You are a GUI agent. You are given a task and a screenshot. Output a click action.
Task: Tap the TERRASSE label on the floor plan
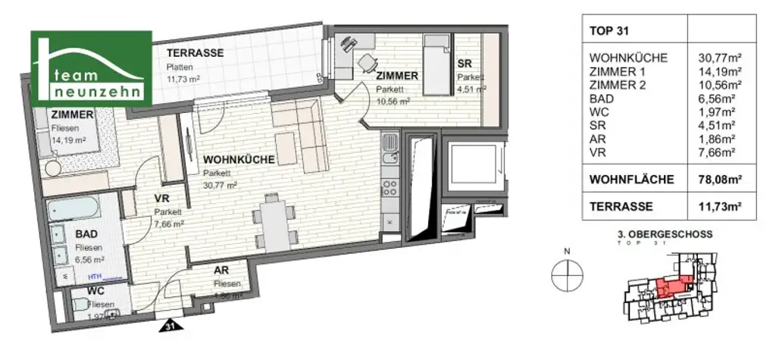point(195,53)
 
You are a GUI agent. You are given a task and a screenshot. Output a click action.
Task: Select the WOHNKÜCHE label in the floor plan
point(238,160)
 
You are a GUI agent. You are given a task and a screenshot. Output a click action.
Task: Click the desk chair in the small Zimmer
point(367,62)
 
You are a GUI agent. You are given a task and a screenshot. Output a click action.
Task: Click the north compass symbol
point(565,275)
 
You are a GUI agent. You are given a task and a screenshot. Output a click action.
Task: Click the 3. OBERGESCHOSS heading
point(665,235)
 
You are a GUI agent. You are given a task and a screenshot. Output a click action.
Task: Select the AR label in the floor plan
point(222,270)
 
